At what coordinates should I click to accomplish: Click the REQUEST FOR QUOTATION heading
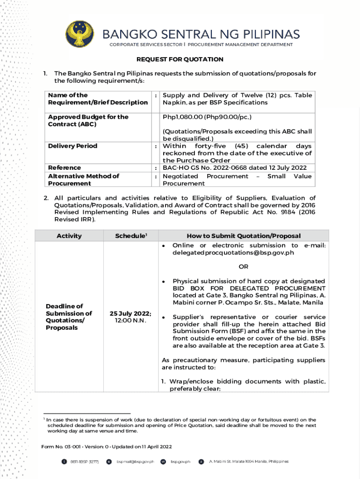[180, 59]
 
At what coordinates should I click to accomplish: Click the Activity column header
[69, 236]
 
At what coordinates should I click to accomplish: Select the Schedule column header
[131, 236]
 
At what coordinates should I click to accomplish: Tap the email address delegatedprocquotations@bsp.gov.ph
[233, 253]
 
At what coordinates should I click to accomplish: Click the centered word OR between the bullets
[244, 267]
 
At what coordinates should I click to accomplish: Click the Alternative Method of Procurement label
[82, 180]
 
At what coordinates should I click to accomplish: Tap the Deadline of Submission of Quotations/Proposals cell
[69, 317]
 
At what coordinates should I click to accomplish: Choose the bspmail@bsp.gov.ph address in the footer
[135, 461]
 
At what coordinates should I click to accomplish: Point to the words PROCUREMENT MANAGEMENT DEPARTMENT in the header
[240, 44]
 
